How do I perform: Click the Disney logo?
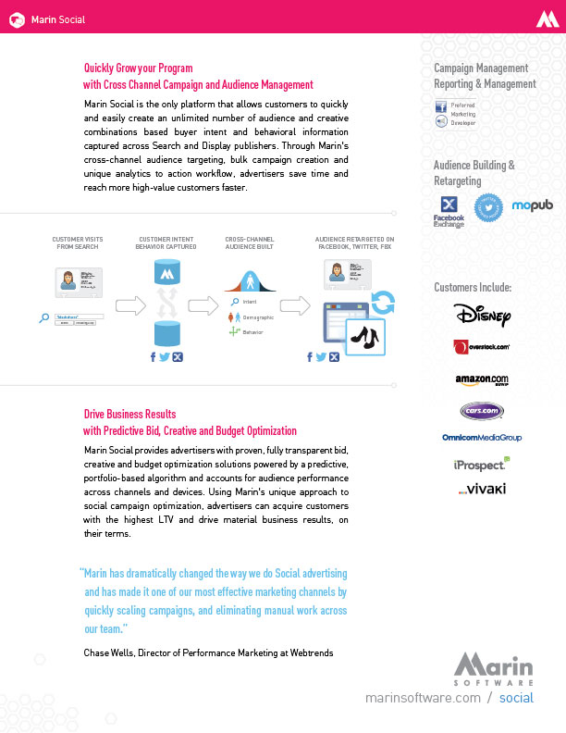click(x=482, y=315)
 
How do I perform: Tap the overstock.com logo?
click(x=482, y=347)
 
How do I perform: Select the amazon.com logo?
click(x=482, y=379)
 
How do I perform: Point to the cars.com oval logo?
click(x=482, y=410)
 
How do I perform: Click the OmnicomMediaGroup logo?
click(x=482, y=437)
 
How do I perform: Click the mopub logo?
click(x=532, y=205)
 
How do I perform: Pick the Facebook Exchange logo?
click(x=449, y=211)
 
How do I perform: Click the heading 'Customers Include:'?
click(x=472, y=288)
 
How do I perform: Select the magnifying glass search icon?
click(x=43, y=317)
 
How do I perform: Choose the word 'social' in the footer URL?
click(x=516, y=697)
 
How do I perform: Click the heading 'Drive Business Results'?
click(x=129, y=414)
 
